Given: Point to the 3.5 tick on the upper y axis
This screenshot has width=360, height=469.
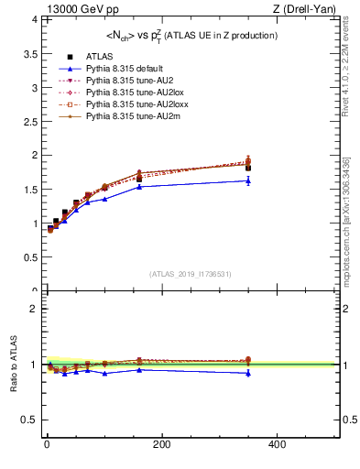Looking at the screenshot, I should click(30, 52).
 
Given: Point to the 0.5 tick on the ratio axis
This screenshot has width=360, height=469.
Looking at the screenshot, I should click(30, 420).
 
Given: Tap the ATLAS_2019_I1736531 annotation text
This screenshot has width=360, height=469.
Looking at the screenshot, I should click(190, 274).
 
